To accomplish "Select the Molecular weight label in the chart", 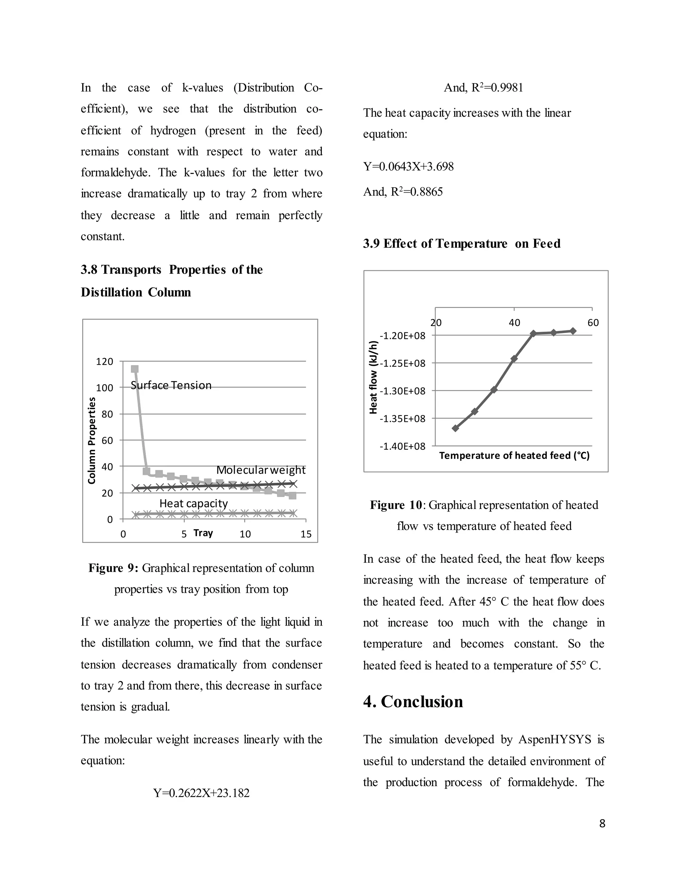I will point(261,470).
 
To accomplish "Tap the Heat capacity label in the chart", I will point(193,503).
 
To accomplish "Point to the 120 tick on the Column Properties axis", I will point(104,361).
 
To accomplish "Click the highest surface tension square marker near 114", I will point(135,369).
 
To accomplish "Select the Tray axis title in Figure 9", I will point(203,533).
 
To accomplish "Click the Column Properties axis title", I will point(92,440).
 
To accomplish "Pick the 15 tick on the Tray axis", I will point(306,534).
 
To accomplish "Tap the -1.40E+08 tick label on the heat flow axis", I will point(402,446).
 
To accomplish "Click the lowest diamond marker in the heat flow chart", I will point(455,428).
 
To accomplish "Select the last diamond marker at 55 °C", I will point(573,331).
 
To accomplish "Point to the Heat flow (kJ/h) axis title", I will point(373,377).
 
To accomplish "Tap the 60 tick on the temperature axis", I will point(593,323).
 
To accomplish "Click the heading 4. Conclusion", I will point(413,701).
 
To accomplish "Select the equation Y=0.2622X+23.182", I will point(201,793).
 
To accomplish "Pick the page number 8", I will point(602,823).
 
